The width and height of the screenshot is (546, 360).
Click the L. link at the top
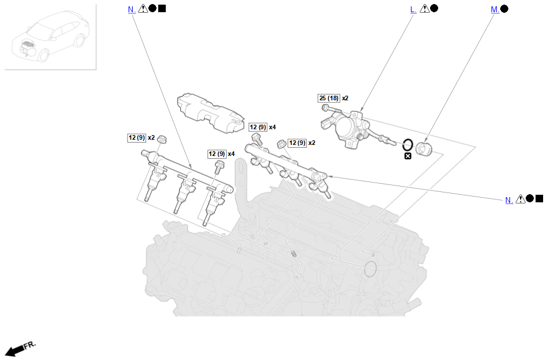pyautogui.click(x=413, y=10)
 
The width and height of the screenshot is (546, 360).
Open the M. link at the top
pyautogui.click(x=495, y=10)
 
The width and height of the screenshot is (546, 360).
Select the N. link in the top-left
pyautogui.click(x=131, y=10)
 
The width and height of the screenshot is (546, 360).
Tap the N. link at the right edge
pyautogui.click(x=509, y=200)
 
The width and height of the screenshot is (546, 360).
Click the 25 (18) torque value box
pyautogui.click(x=329, y=98)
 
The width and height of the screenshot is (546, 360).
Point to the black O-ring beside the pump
pyautogui.click(x=408, y=144)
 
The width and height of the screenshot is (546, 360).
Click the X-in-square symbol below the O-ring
pyautogui.click(x=407, y=156)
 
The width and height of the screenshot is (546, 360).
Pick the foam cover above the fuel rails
pyautogui.click(x=210, y=113)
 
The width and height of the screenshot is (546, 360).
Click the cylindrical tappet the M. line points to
pyautogui.click(x=424, y=150)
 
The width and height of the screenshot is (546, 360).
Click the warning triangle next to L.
pyautogui.click(x=424, y=9)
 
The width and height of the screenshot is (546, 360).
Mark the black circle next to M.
pyautogui.click(x=504, y=9)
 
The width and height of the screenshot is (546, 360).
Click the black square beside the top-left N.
pyautogui.click(x=162, y=8)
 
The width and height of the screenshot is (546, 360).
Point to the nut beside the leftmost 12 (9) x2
pyautogui.click(x=162, y=140)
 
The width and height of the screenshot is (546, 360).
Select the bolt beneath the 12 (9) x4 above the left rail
pyautogui.click(x=219, y=167)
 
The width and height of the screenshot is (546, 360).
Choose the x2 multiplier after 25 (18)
pyautogui.click(x=345, y=98)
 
